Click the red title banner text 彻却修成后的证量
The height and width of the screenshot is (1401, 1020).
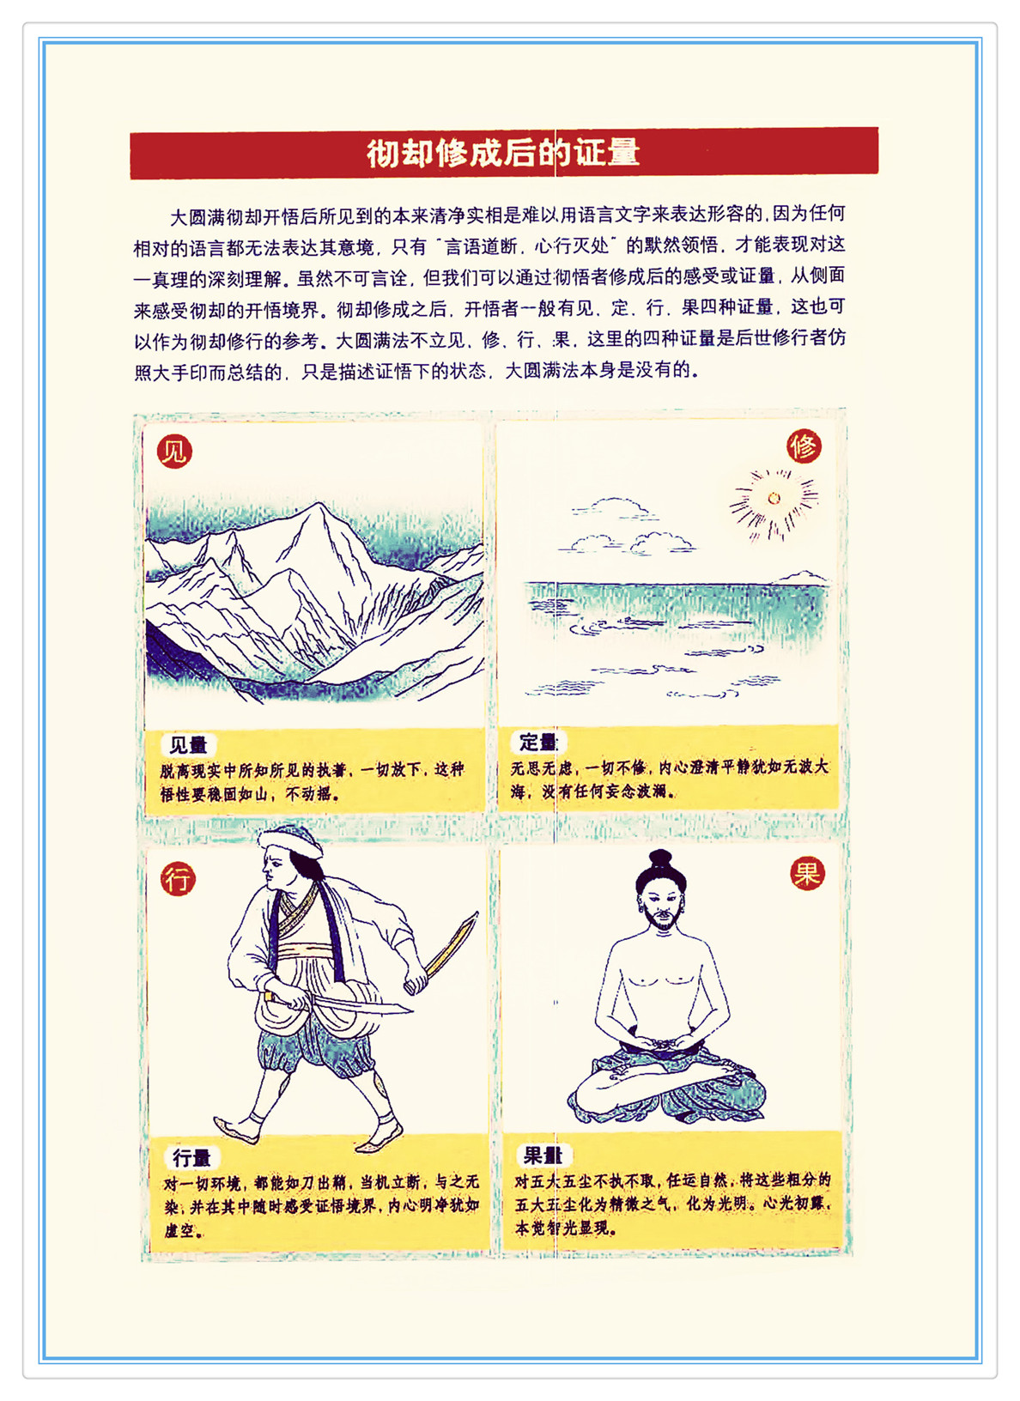pos(503,153)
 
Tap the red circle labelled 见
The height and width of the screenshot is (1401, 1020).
pos(174,451)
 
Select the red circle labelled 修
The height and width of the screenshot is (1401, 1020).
pos(804,446)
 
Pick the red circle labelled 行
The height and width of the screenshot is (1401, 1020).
pos(179,878)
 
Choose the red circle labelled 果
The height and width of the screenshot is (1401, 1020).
pos(807,873)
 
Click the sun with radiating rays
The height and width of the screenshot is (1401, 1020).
pos(774,499)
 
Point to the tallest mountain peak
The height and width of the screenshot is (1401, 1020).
pos(320,506)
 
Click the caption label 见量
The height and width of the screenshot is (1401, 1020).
pos(188,744)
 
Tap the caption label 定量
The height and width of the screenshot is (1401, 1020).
pos(537,742)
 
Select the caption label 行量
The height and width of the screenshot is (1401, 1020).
pos(191,1158)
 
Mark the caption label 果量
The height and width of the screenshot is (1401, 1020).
pos(543,1155)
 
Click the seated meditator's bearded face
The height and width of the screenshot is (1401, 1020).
pos(662,907)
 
